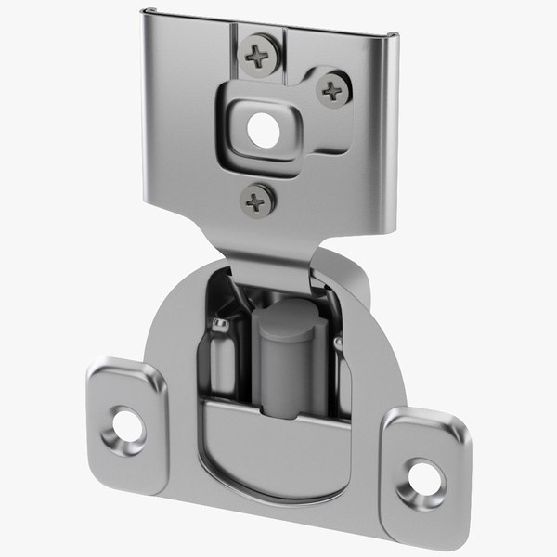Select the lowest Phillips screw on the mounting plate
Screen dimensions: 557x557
pyautogui.click(x=256, y=200)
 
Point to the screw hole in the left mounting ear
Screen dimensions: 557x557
pyautogui.click(x=126, y=426)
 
